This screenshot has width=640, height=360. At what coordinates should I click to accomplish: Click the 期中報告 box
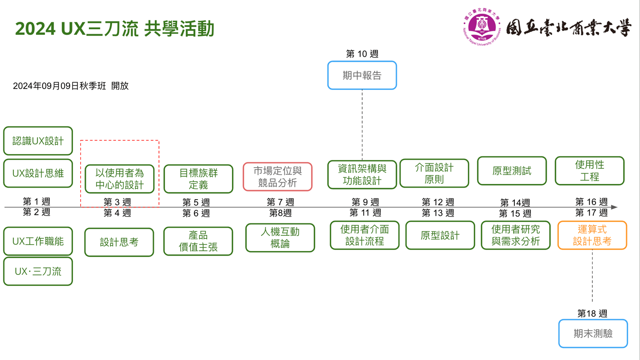(362, 75)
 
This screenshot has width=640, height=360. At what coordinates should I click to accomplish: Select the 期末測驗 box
(593, 333)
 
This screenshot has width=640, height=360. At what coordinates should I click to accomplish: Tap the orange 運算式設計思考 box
(592, 235)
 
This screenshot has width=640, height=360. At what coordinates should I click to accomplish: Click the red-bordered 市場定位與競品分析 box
(278, 176)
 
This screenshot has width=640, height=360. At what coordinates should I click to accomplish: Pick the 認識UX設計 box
(38, 141)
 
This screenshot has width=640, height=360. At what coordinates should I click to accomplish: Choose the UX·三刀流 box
(38, 271)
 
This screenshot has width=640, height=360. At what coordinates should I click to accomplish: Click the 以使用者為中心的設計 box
(119, 179)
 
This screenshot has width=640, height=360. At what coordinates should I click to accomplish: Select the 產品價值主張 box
(198, 241)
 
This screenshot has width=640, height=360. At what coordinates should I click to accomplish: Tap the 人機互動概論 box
(280, 238)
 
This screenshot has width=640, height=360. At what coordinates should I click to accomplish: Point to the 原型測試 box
(512, 171)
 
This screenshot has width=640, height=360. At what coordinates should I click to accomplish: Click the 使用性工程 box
(589, 171)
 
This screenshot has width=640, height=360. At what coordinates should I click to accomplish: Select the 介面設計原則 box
(434, 173)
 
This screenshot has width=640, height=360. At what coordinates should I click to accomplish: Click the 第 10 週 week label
(362, 54)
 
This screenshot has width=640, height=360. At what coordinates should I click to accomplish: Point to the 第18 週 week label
(592, 313)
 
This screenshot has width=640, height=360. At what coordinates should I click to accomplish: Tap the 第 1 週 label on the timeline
(36, 201)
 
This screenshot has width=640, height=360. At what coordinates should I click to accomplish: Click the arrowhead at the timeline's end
(614, 207)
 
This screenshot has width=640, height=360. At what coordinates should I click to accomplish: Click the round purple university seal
(482, 27)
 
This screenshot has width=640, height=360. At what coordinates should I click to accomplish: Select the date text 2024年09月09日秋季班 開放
(71, 86)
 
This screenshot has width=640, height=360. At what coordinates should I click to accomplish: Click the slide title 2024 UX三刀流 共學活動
(115, 29)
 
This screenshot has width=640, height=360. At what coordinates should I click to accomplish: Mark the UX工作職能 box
(38, 241)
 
